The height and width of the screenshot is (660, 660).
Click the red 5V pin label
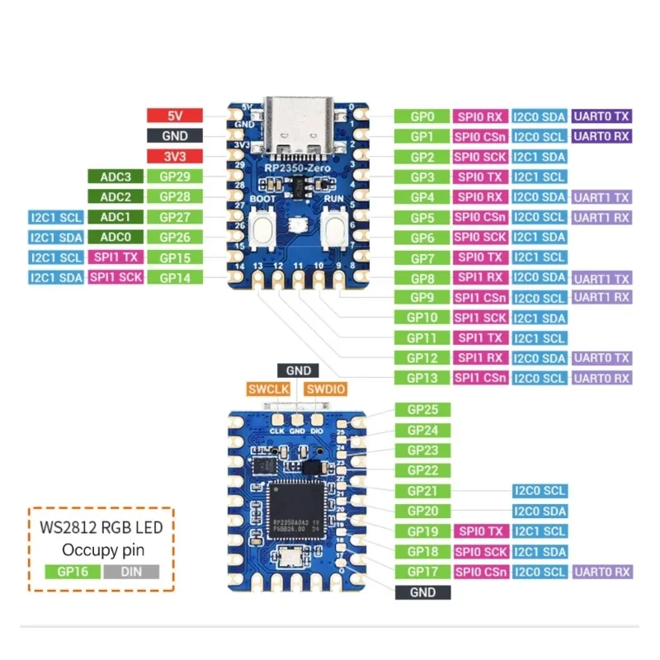click(x=174, y=115)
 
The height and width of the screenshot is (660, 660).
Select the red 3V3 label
click(x=174, y=156)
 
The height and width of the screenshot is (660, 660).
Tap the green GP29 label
click(x=174, y=176)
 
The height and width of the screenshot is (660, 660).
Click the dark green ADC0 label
click(x=115, y=237)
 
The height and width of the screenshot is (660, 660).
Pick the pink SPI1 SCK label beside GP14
click(x=115, y=277)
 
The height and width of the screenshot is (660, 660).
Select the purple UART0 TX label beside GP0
click(x=601, y=116)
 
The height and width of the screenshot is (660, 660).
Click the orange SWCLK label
click(x=269, y=389)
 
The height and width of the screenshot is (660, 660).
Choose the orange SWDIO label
click(x=324, y=389)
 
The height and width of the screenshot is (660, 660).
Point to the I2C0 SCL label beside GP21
click(x=540, y=490)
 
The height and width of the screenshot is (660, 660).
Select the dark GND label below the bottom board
click(x=423, y=592)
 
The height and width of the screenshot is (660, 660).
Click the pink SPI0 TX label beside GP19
click(x=480, y=530)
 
